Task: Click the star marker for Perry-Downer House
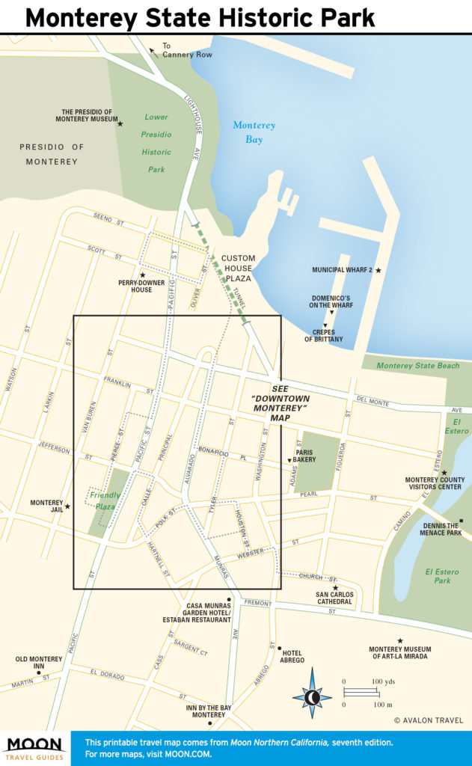coord(142,275)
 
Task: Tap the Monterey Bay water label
coord(254,132)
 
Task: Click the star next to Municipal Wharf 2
coord(378,270)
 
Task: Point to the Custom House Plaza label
coord(238,268)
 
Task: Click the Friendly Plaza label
coord(105,501)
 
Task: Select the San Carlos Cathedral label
coord(334,597)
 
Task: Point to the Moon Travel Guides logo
coord(34,748)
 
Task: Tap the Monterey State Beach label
coord(417,366)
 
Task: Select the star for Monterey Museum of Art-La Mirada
coord(400,641)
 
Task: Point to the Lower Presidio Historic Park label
coord(156,143)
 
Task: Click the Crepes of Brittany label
coord(323,336)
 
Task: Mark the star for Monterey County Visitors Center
coord(444,473)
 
